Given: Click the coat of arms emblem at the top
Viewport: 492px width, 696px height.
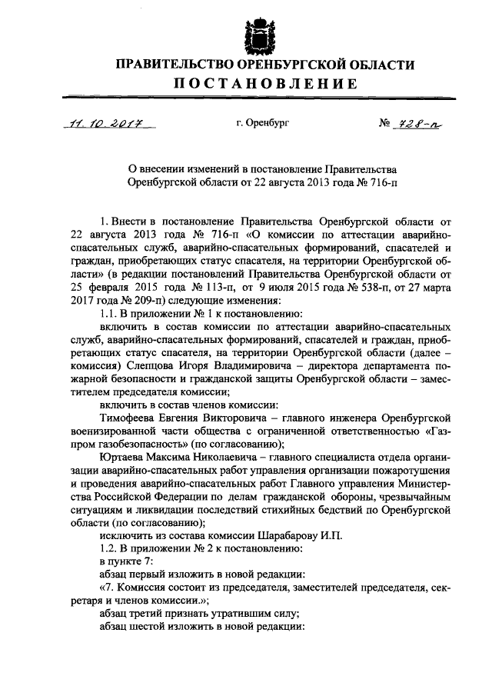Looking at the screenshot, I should point(259,35).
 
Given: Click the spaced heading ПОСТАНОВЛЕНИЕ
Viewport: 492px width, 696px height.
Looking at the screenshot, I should point(259,83).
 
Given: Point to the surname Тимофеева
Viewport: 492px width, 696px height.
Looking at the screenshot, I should point(133,419).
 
